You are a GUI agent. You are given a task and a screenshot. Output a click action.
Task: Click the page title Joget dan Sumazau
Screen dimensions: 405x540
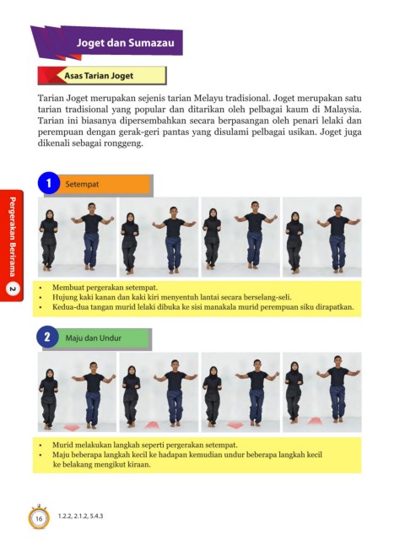126,43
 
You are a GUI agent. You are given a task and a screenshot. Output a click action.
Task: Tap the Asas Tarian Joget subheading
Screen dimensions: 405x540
99,76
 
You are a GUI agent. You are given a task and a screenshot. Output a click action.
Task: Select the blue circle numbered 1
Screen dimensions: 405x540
49,183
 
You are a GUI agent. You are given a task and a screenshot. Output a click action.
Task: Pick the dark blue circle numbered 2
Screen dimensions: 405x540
47,337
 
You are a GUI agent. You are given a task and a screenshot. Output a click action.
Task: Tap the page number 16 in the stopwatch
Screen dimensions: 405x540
39,518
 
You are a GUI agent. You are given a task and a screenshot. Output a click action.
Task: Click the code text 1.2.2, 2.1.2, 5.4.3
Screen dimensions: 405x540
81,516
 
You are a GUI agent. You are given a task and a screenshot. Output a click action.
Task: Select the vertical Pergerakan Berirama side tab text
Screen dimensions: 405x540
12,236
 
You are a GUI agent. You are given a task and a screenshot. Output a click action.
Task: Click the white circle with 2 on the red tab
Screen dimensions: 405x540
13,289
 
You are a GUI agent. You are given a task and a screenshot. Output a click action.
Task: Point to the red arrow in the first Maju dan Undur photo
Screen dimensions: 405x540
72,427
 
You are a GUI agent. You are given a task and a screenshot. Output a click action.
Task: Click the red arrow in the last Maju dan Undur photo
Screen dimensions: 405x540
314,421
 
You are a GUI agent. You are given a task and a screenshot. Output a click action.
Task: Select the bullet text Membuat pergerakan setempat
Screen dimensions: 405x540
105,287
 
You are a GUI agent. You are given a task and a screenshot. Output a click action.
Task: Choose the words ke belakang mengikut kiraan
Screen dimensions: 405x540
102,464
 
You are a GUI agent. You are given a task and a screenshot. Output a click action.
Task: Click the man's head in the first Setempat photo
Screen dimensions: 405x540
91,208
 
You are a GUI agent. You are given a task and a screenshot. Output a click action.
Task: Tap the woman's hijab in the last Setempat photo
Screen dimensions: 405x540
295,219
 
